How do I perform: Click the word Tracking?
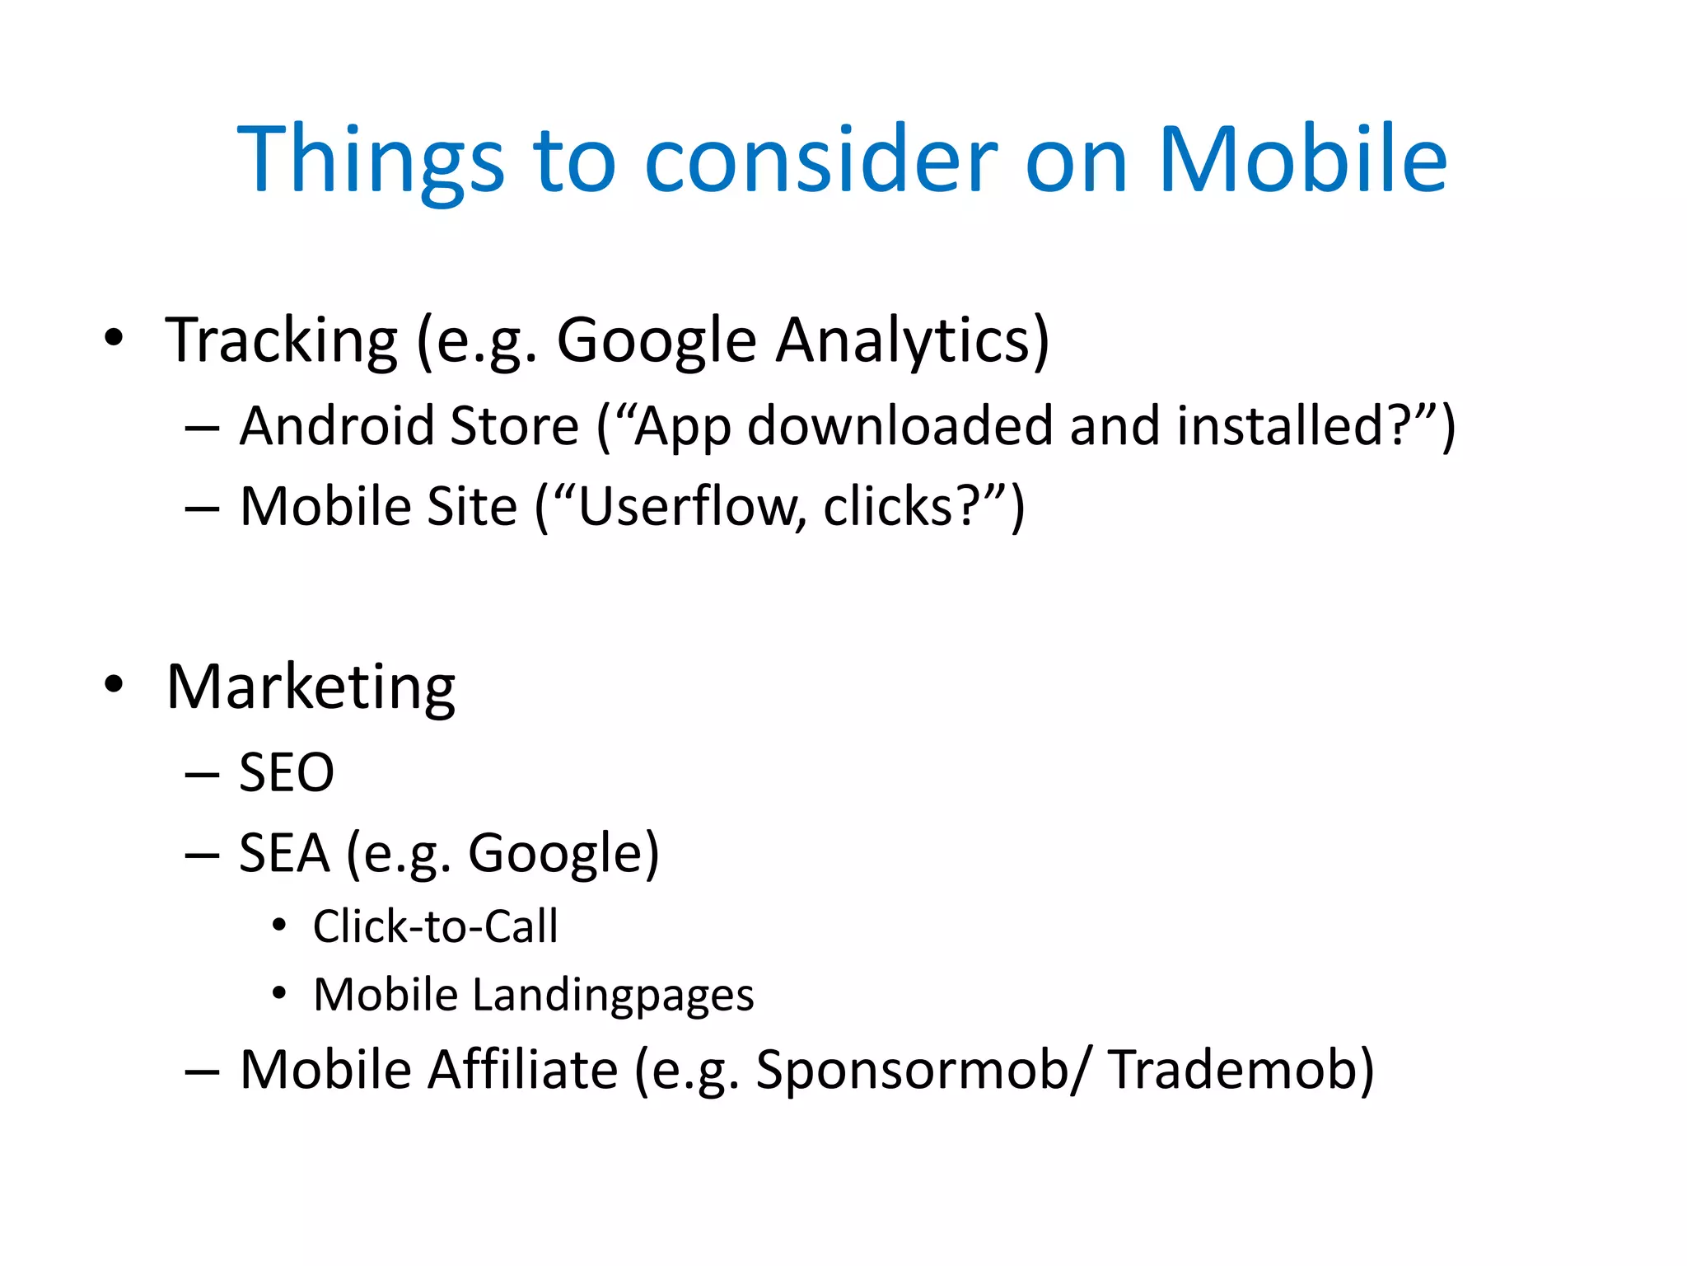pos(282,340)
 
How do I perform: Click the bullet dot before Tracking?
pos(114,337)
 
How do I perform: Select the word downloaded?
pos(900,426)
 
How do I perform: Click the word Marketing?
pos(311,687)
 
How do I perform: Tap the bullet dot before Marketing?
pos(114,683)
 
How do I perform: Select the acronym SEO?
pos(287,773)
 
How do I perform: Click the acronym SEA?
pos(283,853)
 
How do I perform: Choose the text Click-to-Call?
pos(435,926)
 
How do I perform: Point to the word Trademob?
pos(1240,1070)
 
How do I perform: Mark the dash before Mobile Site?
pos(202,508)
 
